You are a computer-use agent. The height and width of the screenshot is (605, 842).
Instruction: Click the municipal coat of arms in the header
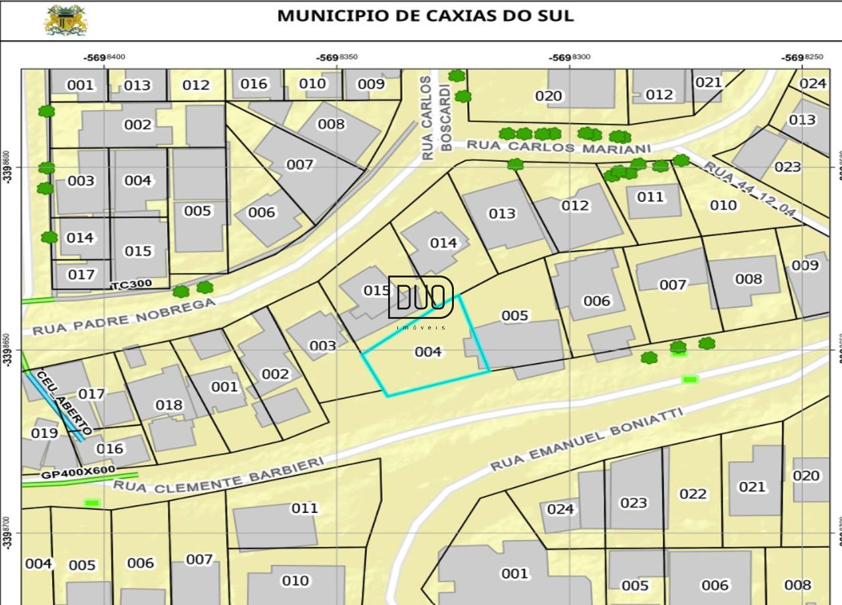[65, 20]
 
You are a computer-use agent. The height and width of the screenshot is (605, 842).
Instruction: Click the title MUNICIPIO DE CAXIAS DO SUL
[425, 16]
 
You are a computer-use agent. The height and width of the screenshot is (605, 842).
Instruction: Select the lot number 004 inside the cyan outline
[428, 352]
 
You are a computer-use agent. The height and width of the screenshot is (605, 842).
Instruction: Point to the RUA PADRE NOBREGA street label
[124, 316]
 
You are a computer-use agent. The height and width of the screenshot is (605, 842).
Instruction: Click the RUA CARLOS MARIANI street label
[558, 147]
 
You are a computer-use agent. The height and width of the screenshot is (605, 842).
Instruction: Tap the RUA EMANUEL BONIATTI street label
[587, 439]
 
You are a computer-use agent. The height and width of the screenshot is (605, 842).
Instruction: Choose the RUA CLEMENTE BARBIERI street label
[219, 475]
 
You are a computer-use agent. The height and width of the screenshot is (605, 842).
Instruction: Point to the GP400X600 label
[78, 472]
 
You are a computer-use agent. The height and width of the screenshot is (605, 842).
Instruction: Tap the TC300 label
[132, 284]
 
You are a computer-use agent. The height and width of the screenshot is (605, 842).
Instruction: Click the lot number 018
[168, 405]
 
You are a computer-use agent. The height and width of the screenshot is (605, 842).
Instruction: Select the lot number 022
[693, 494]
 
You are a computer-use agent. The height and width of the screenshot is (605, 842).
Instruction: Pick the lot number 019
[44, 433]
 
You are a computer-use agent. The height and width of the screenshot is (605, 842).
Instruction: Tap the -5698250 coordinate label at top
[802, 57]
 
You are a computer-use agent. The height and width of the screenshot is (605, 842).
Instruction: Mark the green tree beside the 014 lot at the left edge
[49, 237]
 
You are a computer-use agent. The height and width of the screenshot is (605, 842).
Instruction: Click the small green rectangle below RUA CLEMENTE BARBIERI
[91, 503]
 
